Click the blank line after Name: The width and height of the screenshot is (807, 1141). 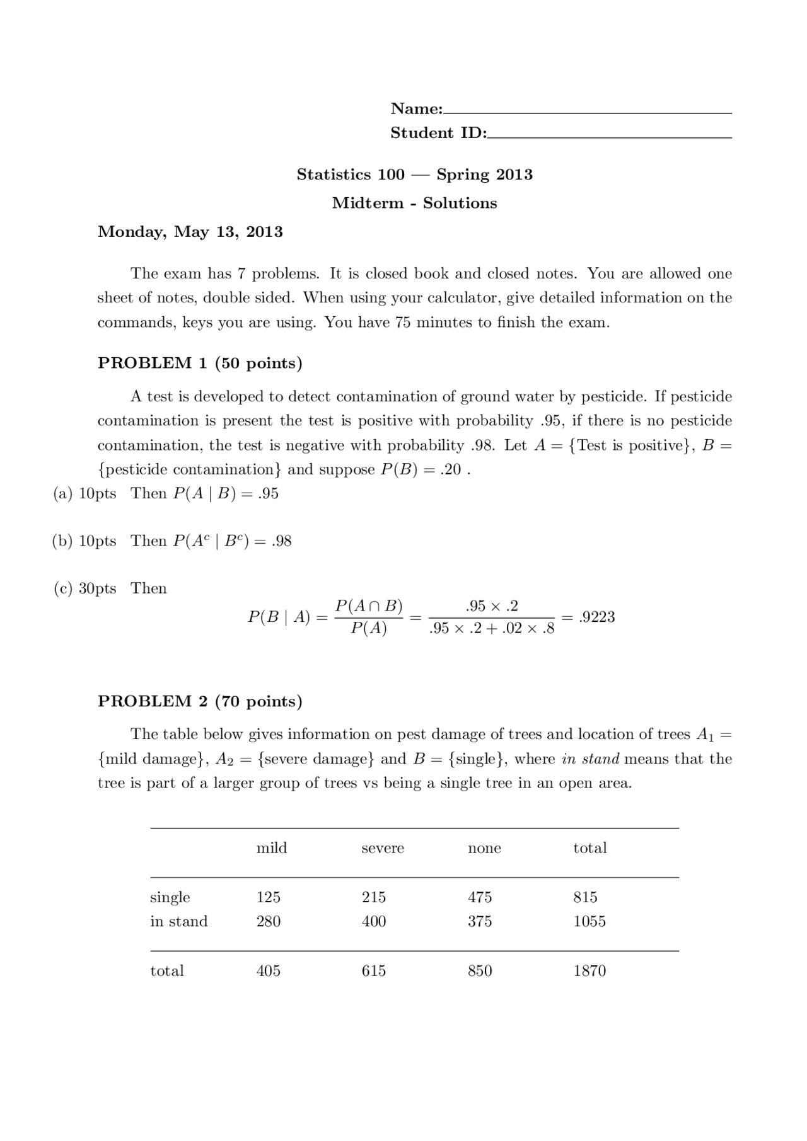click(587, 112)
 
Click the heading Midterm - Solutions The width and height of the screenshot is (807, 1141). click(414, 203)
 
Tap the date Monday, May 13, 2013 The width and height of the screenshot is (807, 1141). click(190, 232)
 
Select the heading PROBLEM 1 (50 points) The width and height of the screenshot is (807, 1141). click(200, 363)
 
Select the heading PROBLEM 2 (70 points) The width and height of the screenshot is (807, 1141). click(200, 701)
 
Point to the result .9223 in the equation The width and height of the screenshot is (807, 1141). click(596, 617)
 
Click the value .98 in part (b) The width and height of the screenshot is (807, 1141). click(281, 541)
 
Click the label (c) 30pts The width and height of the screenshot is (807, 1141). click(85, 588)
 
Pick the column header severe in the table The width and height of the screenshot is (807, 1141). click(383, 848)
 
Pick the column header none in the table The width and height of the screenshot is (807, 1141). click(484, 848)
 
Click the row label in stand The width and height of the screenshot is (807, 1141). click(179, 922)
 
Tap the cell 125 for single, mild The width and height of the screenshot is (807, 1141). click(269, 897)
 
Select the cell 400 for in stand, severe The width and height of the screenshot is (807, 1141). click(374, 922)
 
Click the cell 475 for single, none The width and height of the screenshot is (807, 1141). click(480, 897)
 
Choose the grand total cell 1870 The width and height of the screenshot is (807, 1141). click(589, 971)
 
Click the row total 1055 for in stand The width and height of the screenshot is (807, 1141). click(589, 922)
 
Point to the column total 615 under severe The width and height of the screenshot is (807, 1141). click(374, 971)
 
